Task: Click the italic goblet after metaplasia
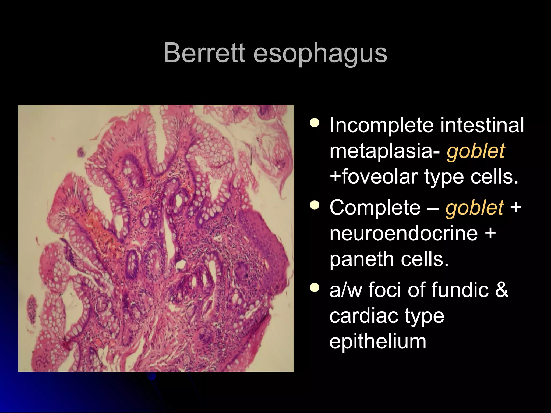click(476, 151)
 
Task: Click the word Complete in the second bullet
click(375, 208)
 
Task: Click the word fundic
click(460, 290)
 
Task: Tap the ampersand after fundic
click(501, 290)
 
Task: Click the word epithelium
click(378, 341)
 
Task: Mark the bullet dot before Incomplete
click(315, 123)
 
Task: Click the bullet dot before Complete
click(315, 206)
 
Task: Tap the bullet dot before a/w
click(315, 288)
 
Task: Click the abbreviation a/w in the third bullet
click(346, 290)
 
